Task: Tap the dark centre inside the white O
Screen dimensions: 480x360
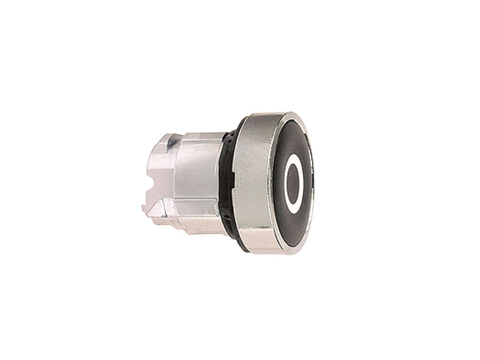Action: (293, 184)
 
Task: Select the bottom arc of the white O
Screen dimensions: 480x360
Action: (293, 210)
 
